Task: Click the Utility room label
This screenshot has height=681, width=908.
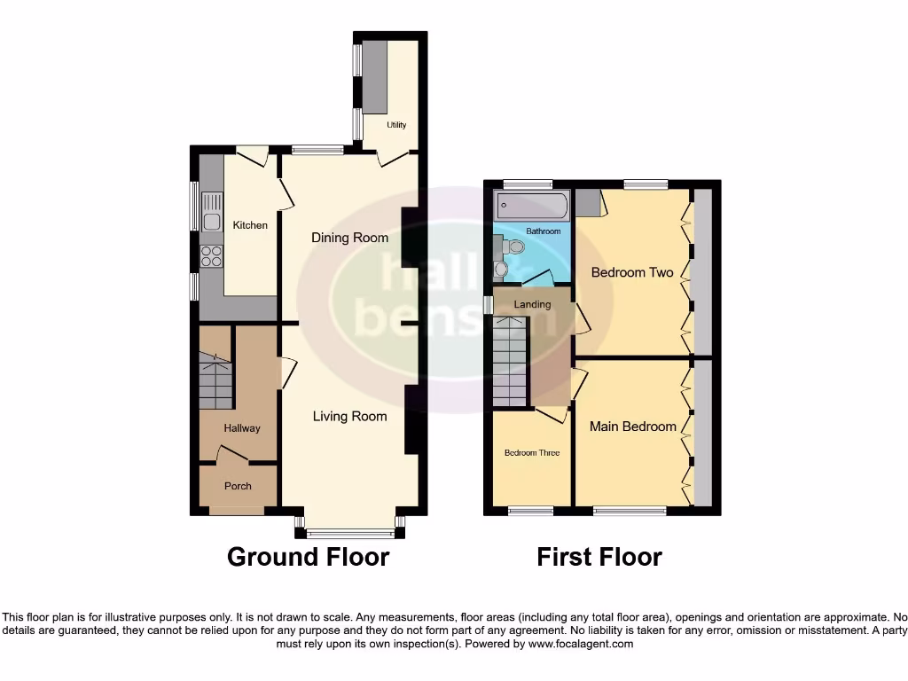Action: coord(396,125)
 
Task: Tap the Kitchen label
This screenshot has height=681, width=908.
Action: coord(250,225)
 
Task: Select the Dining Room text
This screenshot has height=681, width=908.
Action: coord(349,238)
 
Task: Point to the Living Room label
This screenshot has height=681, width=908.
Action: coord(349,416)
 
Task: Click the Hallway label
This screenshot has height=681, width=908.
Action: coord(242,428)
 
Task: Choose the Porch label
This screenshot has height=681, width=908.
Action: coord(238,486)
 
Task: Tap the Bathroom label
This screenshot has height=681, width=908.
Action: coord(544,231)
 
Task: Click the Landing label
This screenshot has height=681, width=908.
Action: coord(532,304)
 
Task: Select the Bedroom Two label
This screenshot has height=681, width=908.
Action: coord(632,272)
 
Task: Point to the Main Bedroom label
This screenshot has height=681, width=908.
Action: coord(633,427)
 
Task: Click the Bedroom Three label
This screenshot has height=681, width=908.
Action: coord(532,453)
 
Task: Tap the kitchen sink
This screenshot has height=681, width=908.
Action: coord(211,222)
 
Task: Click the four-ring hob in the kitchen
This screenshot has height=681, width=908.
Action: coord(211,256)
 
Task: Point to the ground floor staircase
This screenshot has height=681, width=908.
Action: coord(215,380)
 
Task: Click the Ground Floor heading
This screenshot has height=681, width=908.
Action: coord(308,557)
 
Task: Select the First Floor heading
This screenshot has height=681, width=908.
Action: coord(599,557)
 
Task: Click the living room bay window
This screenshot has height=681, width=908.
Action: coord(350,533)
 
